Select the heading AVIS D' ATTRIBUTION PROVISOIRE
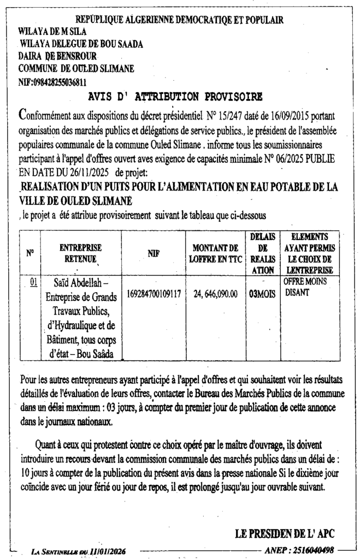point(175,97)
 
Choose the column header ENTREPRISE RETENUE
point(81,253)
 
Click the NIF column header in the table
point(154,253)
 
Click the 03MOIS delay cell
point(262,294)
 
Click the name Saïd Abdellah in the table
point(81,283)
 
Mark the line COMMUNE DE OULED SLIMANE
point(76,69)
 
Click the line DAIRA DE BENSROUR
point(57,56)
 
